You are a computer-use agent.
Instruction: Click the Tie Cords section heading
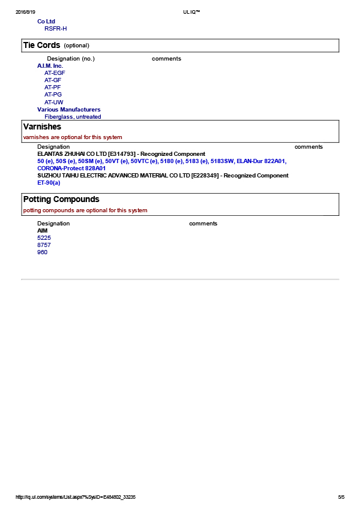[41, 46]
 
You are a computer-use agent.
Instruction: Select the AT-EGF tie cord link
[55, 73]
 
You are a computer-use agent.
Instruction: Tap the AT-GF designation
[53, 80]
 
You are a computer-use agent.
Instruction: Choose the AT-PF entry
[52, 88]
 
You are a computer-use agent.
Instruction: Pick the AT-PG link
[53, 95]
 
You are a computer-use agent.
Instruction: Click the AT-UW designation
[53, 102]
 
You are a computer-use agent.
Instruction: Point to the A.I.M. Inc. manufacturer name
[50, 66]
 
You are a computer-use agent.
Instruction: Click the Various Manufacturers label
[68, 110]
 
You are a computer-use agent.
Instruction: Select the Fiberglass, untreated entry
[73, 117]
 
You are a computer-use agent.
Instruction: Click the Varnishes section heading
[42, 127]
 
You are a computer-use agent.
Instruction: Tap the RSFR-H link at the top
[55, 28]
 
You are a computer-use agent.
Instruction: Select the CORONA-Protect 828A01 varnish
[71, 168]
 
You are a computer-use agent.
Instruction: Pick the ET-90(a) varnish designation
[49, 183]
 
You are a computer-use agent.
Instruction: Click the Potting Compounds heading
[61, 199]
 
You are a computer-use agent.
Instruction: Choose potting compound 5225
[44, 238]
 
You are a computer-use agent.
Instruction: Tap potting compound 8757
[44, 245]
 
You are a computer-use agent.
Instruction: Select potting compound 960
[42, 252]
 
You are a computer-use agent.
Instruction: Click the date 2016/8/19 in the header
[25, 12]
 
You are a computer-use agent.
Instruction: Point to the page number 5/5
[341, 497]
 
